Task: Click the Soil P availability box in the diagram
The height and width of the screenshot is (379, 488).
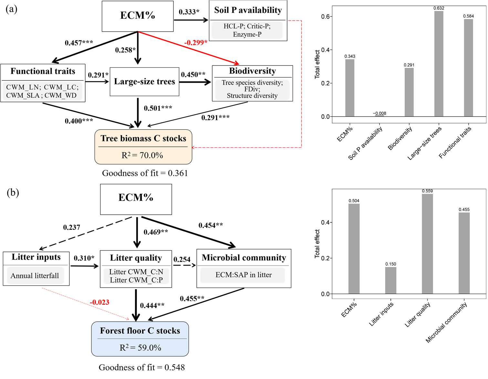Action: pyautogui.click(x=248, y=21)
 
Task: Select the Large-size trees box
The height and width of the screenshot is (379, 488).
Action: pyautogui.click(x=144, y=82)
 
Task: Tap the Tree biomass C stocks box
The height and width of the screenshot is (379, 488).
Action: pyautogui.click(x=143, y=147)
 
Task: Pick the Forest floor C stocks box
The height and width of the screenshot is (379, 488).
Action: pyautogui.click(x=140, y=339)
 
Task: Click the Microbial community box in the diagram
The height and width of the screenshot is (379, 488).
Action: pyautogui.click(x=244, y=268)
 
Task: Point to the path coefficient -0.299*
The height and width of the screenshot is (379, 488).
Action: pyautogui.click(x=196, y=42)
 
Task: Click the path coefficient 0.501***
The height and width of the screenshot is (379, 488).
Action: pyautogui.click(x=158, y=108)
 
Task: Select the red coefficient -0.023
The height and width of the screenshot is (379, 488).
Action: pyautogui.click(x=99, y=302)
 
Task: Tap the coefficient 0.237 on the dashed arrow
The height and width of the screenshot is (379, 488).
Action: pyautogui.click(x=71, y=227)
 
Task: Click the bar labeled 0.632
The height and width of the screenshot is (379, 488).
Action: pyautogui.click(x=439, y=64)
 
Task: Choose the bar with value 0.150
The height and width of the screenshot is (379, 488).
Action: pyautogui.click(x=391, y=280)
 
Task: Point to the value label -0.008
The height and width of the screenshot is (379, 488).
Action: pyautogui.click(x=379, y=113)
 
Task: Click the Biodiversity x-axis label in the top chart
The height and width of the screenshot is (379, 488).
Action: pyautogui.click(x=400, y=138)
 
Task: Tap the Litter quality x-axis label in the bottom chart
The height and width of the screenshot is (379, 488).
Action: pyautogui.click(x=418, y=314)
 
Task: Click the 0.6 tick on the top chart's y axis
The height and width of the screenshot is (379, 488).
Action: pyautogui.click(x=325, y=16)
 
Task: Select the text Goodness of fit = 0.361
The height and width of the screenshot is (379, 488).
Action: pyautogui.click(x=145, y=173)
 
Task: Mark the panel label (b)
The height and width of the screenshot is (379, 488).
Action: pyautogui.click(x=13, y=192)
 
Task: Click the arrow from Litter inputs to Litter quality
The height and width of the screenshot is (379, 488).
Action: pyautogui.click(x=85, y=266)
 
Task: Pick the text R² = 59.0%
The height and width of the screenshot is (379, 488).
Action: pyautogui.click(x=140, y=348)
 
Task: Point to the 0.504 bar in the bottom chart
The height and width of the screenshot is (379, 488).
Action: pyautogui.click(x=354, y=249)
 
